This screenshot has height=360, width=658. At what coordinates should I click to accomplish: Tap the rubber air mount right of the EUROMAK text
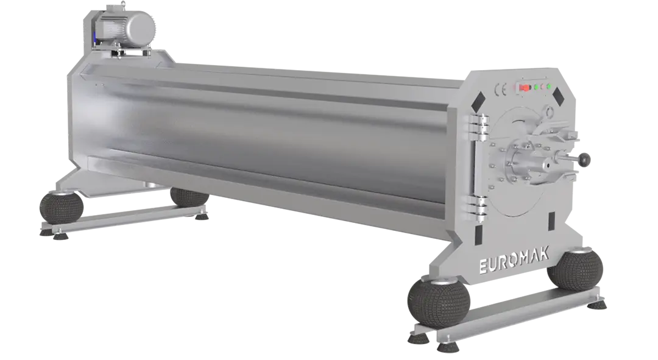(x=576, y=268)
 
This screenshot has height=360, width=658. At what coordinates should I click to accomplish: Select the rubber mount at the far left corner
(x=61, y=207)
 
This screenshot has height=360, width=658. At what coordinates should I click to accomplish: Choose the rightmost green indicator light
(x=549, y=86)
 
